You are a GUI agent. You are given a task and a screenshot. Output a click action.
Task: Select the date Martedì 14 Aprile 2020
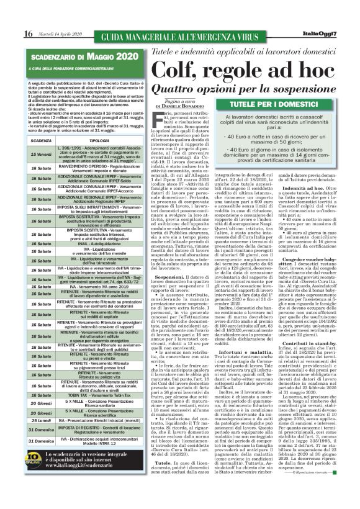coord(57,33)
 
